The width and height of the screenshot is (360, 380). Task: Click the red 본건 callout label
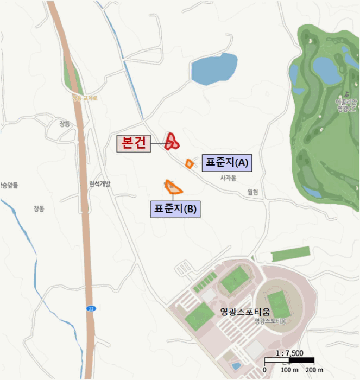coord(134,143)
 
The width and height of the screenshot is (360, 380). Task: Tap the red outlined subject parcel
coord(173,142)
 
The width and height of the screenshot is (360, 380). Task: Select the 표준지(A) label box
coord(226,162)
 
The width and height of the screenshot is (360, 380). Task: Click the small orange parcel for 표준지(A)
coord(189,163)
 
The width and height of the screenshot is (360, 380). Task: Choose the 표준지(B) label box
coord(175,209)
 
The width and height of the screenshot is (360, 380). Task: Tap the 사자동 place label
coord(228,178)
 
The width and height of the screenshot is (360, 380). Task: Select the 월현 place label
coord(253,192)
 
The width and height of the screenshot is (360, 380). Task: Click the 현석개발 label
coord(99,183)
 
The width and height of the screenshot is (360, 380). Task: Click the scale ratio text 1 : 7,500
coord(290,352)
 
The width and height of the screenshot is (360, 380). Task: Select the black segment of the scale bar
coord(301,359)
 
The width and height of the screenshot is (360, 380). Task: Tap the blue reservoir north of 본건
coord(214,68)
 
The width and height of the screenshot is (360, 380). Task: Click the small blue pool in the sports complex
coord(236,366)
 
